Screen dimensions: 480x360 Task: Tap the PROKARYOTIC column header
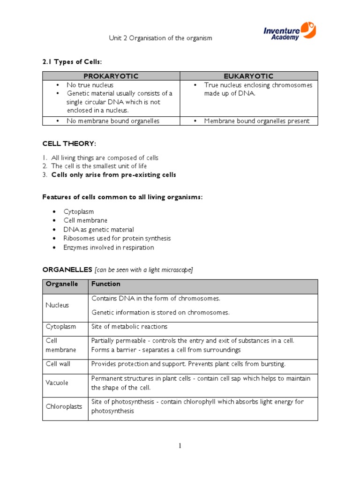[111, 76]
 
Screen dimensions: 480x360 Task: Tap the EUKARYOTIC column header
[249, 76]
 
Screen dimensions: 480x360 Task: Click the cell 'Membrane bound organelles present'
[256, 121]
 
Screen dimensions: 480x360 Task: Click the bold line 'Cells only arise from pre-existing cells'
[113, 175]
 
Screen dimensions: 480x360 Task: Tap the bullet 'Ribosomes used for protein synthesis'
[117, 239]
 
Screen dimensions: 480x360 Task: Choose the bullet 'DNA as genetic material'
[99, 230]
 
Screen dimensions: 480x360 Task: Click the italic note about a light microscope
[143, 270]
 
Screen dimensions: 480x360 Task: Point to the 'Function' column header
[105, 284]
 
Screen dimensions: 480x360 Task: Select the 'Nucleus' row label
[57, 305]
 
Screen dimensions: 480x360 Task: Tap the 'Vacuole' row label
[57, 383]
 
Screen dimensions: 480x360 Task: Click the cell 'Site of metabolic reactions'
[129, 327]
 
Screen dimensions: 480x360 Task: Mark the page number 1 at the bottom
[180, 446]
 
